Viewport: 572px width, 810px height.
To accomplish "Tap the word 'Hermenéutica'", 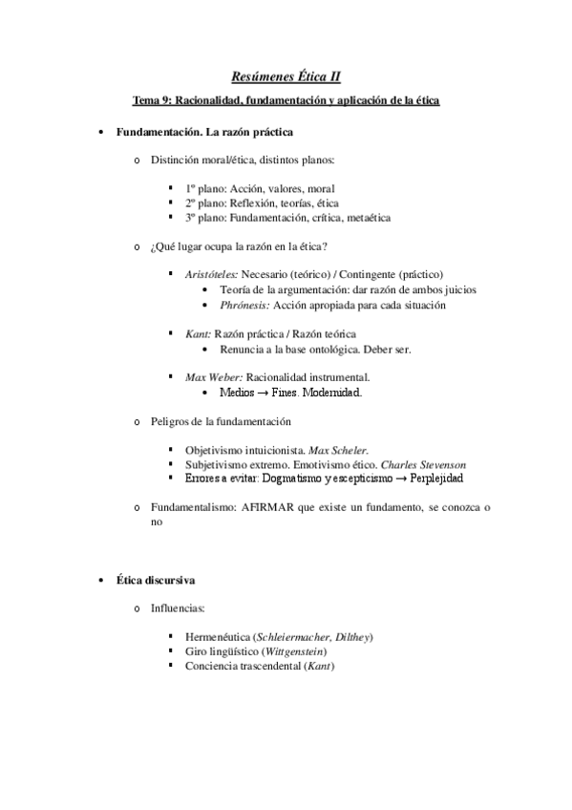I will click(219, 637).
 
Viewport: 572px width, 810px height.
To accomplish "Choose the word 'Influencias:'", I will click(177, 608).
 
